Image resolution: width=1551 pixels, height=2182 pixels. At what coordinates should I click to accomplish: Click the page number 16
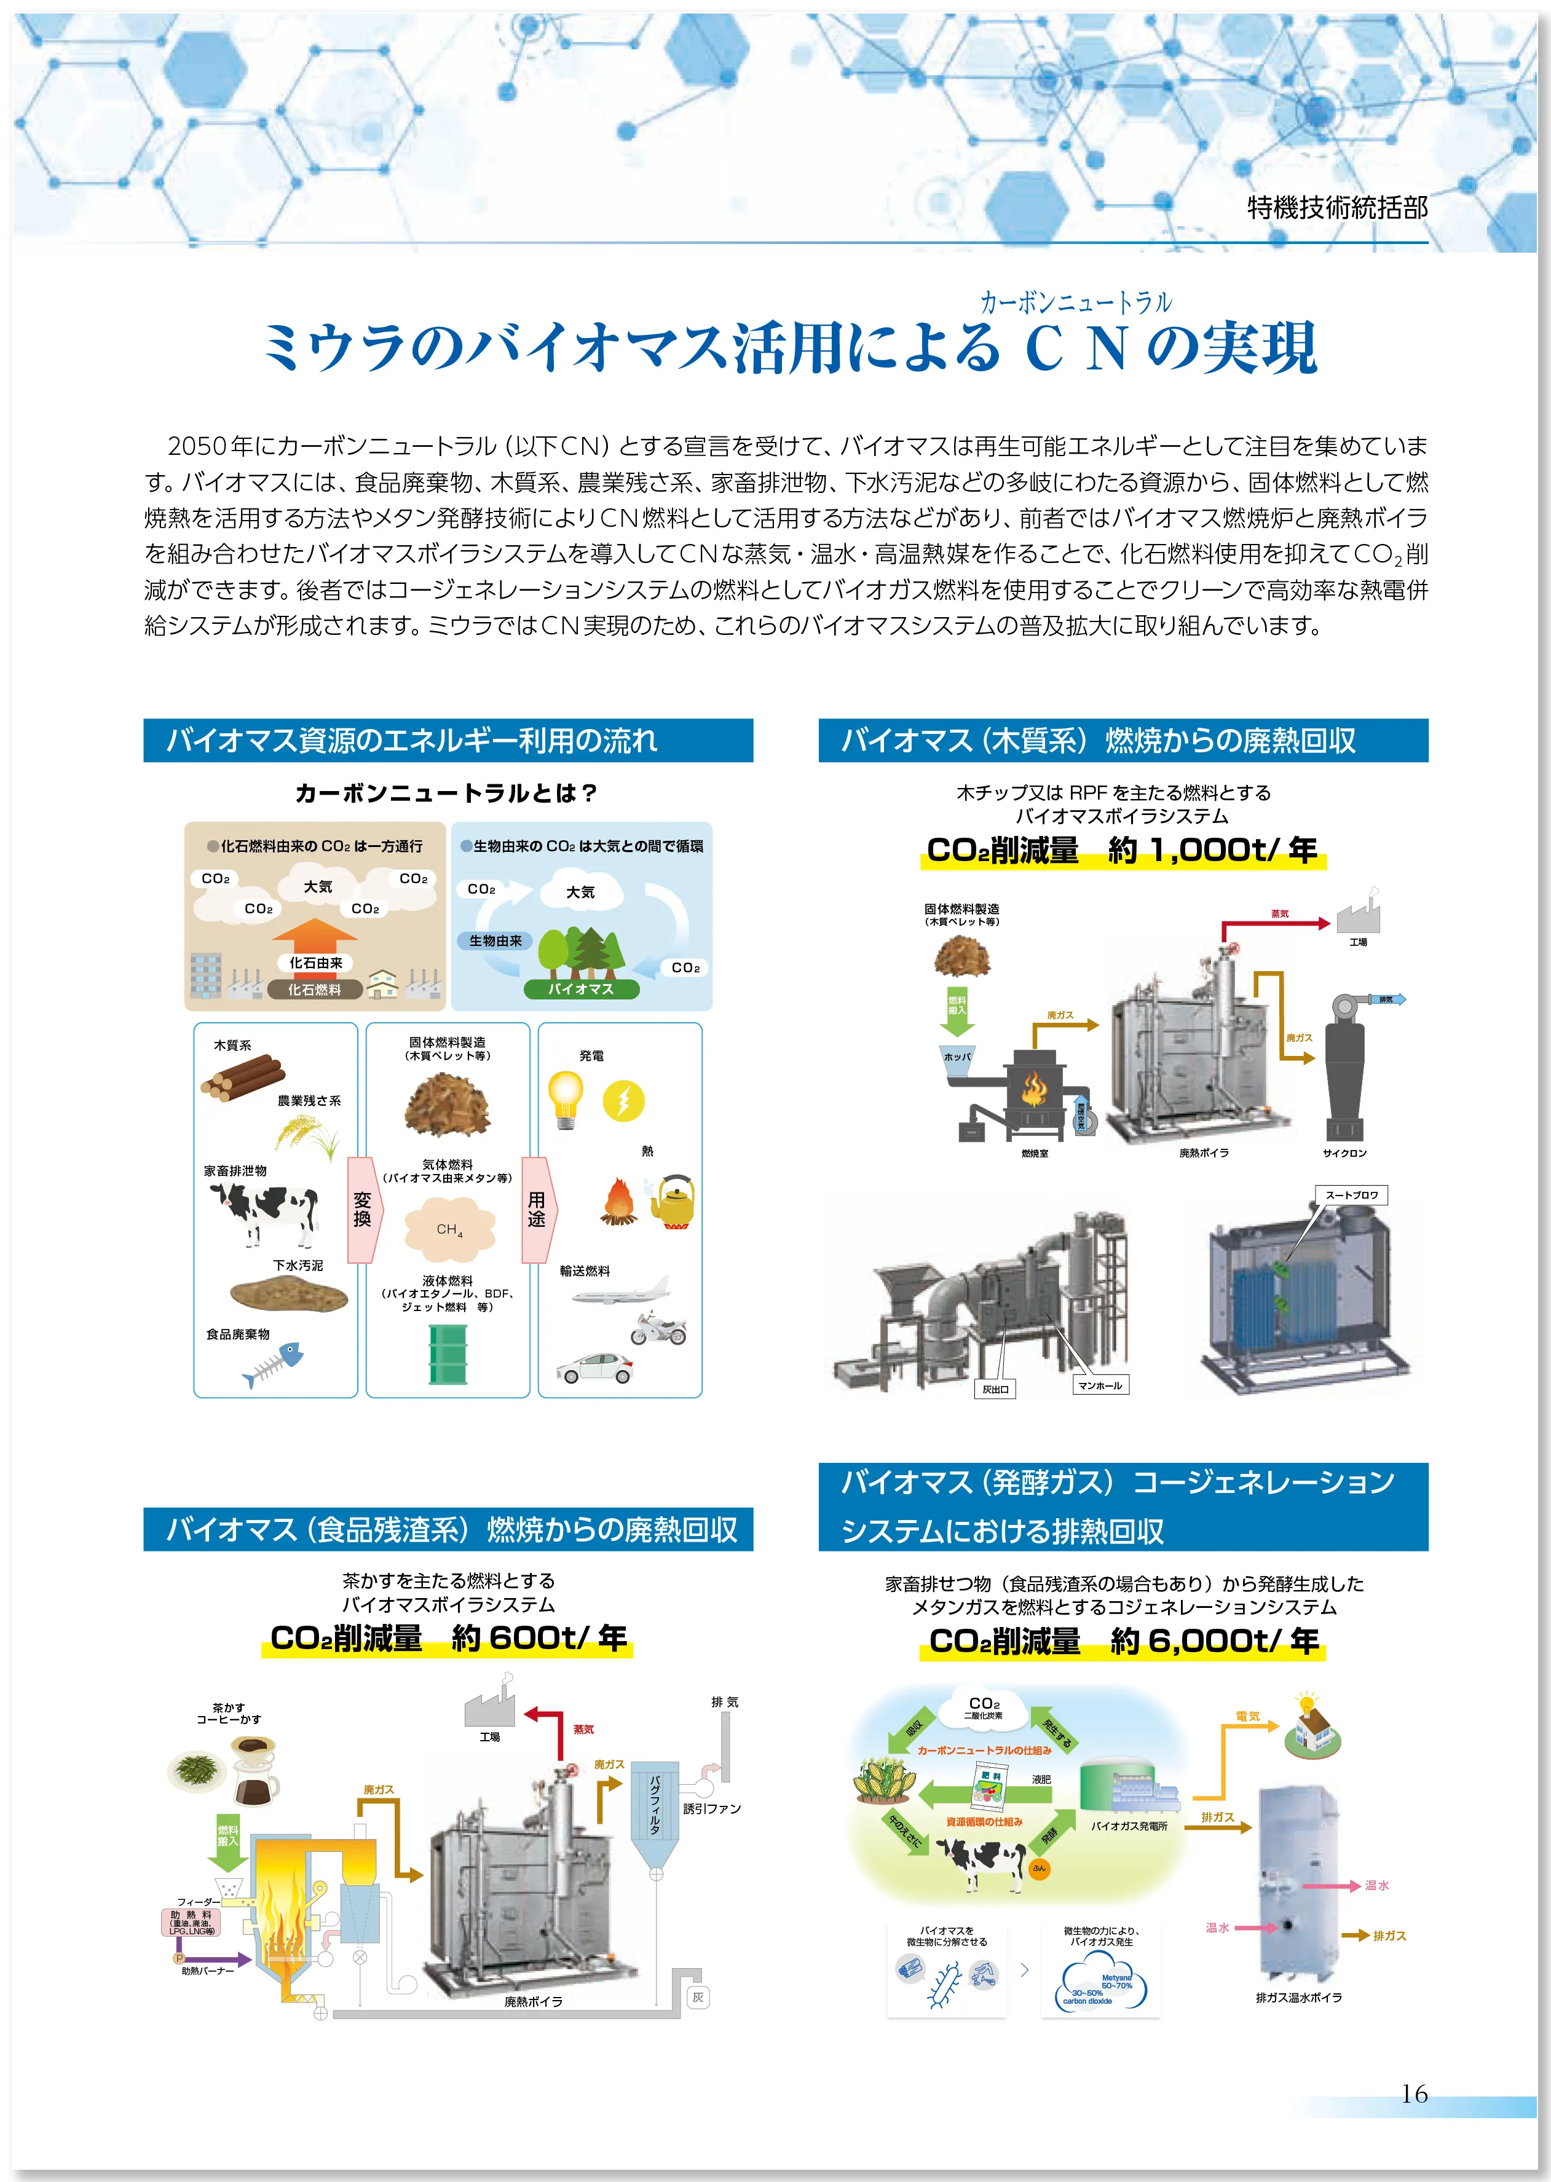pyautogui.click(x=1415, y=2094)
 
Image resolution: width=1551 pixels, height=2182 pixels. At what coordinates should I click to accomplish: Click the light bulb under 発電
pyautogui.click(x=566, y=1099)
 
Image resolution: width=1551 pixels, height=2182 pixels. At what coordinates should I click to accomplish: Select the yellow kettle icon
pyautogui.click(x=673, y=1201)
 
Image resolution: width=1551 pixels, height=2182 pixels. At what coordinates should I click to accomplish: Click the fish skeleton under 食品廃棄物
pyautogui.click(x=273, y=1366)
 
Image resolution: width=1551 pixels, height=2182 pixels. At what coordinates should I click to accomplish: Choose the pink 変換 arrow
pyautogui.click(x=363, y=1209)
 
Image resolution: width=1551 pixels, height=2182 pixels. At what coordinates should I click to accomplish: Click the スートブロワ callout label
pyautogui.click(x=1351, y=1195)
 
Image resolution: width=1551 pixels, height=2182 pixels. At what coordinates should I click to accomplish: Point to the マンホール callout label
pyautogui.click(x=1099, y=1385)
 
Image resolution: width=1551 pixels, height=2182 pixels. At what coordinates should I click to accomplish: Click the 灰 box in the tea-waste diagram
pyautogui.click(x=698, y=1997)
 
